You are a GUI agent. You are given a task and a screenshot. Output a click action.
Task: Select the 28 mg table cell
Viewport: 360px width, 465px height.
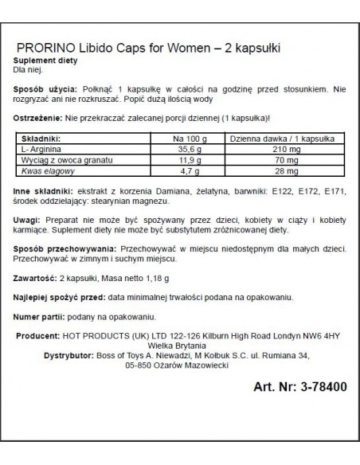tap(268, 170)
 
